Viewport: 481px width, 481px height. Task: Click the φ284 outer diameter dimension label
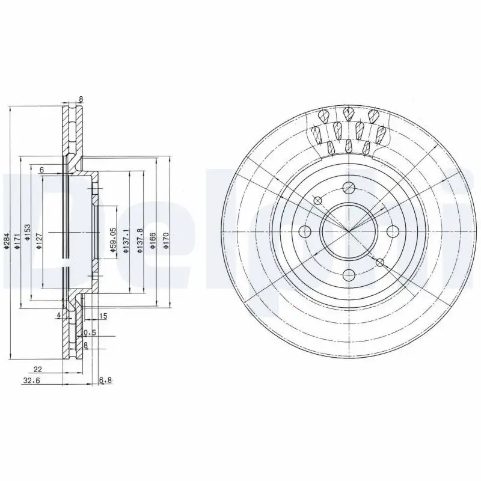[x=5, y=240]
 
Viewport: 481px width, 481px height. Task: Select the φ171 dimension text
[x=17, y=240]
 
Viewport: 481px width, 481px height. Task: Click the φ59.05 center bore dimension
[x=112, y=239]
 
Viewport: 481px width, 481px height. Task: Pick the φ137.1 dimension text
[x=126, y=240]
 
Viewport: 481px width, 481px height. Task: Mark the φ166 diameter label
[x=153, y=240]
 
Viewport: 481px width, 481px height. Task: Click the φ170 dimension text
[x=167, y=240]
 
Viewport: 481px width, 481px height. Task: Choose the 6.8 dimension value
[x=105, y=380]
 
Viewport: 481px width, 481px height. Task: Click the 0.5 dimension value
[x=90, y=332]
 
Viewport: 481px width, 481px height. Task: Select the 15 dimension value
[x=103, y=316]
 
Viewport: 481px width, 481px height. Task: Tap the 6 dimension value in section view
[x=41, y=170]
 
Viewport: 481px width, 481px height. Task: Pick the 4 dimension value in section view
[x=58, y=315]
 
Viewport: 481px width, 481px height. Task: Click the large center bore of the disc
[x=348, y=231]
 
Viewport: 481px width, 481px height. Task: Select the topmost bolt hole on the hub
[x=348, y=187]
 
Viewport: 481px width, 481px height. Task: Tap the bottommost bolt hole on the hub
[x=348, y=275]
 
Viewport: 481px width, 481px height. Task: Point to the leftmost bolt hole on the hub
[x=304, y=231]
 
